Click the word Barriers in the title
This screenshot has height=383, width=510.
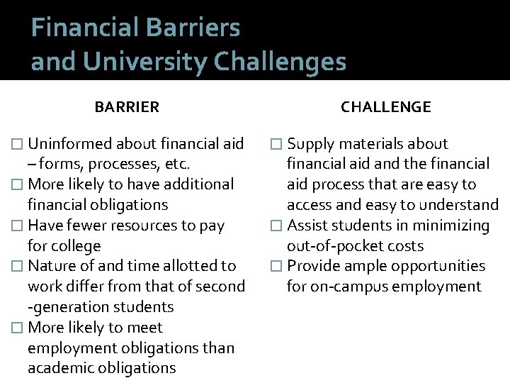193,28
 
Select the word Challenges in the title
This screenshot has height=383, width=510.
280,62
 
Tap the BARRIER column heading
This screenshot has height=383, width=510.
127,107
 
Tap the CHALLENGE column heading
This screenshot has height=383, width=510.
385,107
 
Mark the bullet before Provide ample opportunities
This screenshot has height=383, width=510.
278,267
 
